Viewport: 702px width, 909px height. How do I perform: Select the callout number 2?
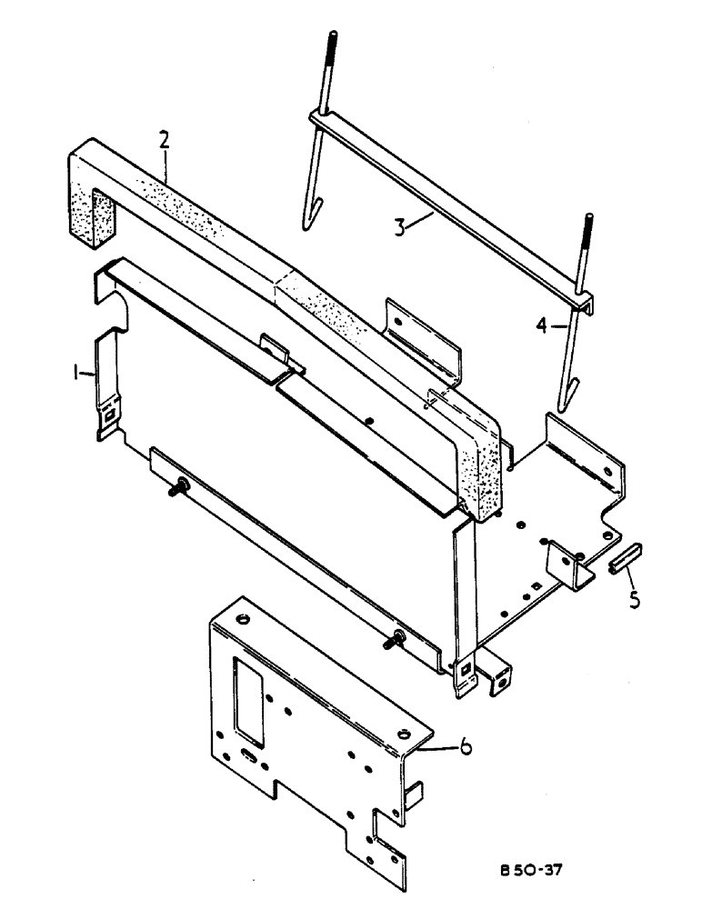[164, 139]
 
